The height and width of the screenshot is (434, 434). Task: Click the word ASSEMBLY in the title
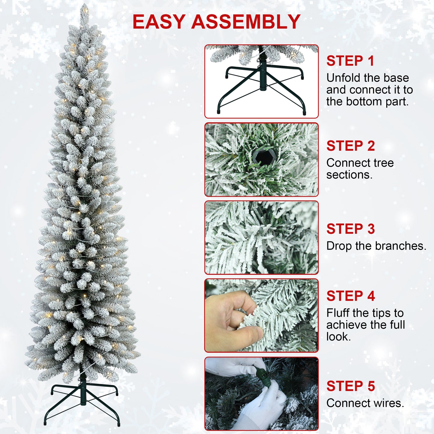tap(246, 22)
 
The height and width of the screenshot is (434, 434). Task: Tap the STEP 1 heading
tap(350, 61)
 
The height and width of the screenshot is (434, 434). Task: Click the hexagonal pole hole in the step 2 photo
tap(263, 157)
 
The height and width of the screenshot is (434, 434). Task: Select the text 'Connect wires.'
tap(365, 403)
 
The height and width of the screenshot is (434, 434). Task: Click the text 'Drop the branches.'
tap(376, 246)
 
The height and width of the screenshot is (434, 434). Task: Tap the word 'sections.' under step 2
tap(349, 175)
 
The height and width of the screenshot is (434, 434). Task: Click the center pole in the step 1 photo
tap(263, 74)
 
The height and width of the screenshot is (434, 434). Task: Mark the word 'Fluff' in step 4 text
tap(338, 313)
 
